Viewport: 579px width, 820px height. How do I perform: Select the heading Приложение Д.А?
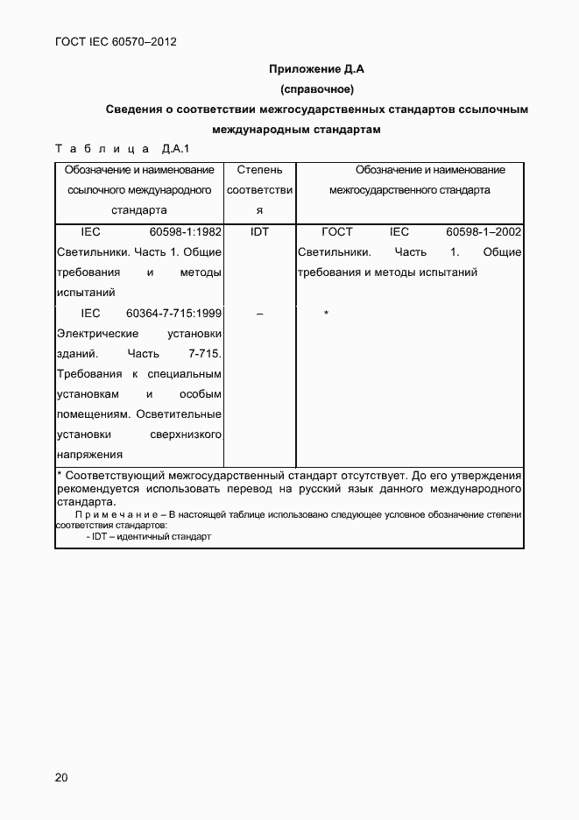[316, 68]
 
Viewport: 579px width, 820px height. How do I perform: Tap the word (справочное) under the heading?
[316, 89]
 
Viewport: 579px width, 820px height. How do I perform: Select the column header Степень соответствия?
[259, 190]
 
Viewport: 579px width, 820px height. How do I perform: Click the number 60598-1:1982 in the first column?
[185, 232]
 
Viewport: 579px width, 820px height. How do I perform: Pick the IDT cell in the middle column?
[259, 232]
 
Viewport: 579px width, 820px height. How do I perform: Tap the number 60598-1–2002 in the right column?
[484, 232]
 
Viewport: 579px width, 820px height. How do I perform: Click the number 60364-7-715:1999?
[173, 313]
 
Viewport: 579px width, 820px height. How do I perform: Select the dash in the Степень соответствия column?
[259, 314]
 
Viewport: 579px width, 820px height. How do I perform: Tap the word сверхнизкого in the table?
[186, 435]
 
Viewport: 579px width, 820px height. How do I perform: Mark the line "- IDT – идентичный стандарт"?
[149, 536]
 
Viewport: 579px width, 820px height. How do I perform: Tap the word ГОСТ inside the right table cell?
[337, 232]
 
